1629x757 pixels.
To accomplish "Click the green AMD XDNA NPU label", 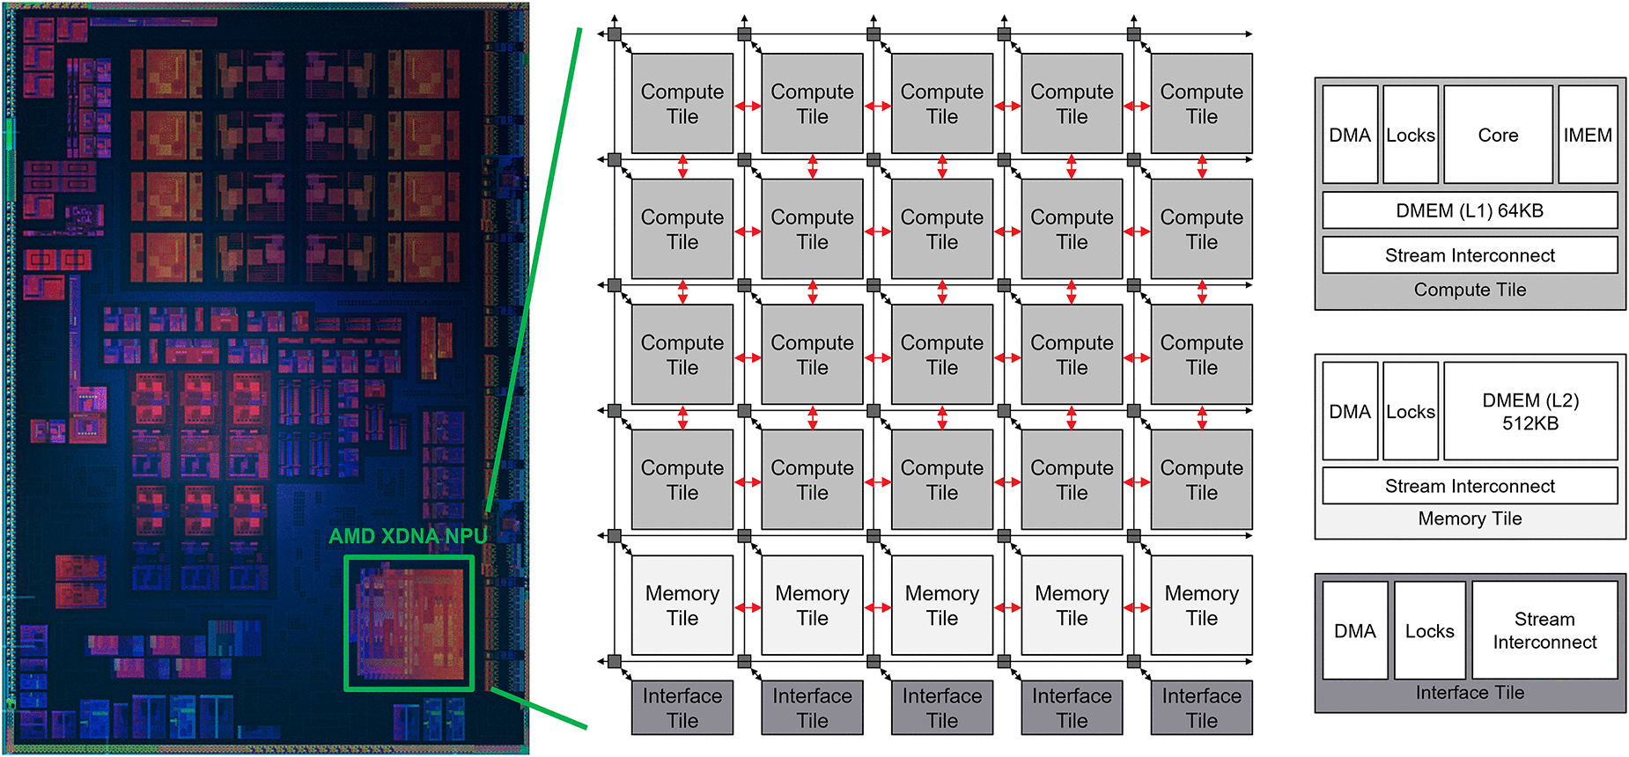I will tap(408, 536).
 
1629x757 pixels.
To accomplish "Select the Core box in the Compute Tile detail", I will tap(1498, 135).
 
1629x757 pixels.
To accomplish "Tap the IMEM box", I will tap(1588, 135).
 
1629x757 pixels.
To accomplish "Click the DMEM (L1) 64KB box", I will tap(1470, 210).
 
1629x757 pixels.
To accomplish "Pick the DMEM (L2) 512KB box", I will tap(1530, 411).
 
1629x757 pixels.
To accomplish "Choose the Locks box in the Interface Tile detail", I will tap(1429, 630).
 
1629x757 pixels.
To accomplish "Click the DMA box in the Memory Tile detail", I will tap(1350, 411).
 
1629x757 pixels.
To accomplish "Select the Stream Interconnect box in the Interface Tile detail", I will tap(1544, 630).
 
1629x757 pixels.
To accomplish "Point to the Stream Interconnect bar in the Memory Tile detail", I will tap(1470, 486).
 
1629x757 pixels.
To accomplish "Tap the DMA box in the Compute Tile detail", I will tap(1350, 135).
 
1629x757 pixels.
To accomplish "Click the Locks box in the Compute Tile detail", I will tap(1411, 135).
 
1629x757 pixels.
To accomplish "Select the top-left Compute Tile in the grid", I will tap(682, 104).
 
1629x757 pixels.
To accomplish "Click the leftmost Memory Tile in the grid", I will tap(682, 606).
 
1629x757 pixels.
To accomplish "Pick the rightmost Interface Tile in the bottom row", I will tap(1201, 708).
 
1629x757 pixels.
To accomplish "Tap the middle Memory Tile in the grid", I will tap(942, 606).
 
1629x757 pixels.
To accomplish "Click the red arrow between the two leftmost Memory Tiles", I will tap(748, 607).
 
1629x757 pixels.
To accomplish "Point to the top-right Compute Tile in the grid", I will tap(1201, 104).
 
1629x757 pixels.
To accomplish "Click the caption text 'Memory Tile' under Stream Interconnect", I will tap(1470, 518).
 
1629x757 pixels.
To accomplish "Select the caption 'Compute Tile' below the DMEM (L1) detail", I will tap(1470, 290).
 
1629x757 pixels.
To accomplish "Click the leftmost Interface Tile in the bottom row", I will tap(682, 708).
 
